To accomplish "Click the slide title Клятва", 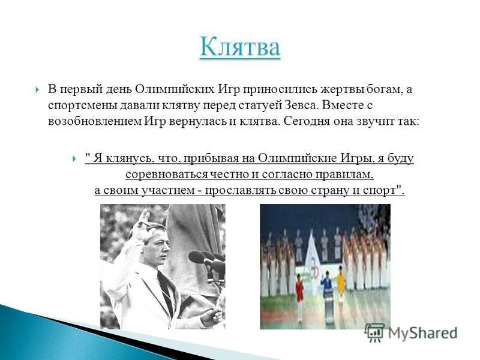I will coord(239,47).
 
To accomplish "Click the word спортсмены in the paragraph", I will coord(79,105).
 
